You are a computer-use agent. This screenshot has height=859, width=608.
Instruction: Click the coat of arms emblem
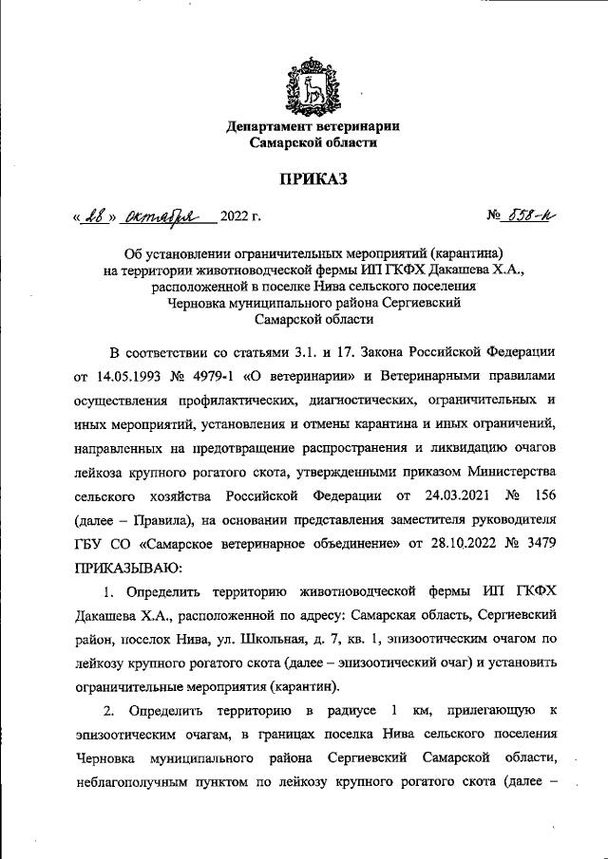click(313, 84)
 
